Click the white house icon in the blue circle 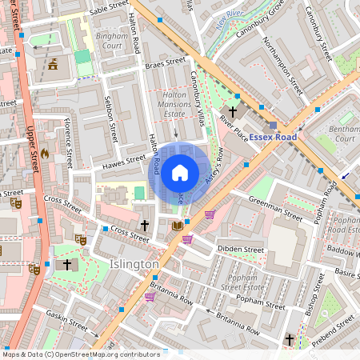click(180, 172)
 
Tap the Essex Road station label click(272, 138)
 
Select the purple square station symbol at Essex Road click(272, 125)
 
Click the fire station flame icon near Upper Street click(45, 153)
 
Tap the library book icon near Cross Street click(178, 226)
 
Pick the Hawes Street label click(122, 162)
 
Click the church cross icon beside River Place click(233, 112)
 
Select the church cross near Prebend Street click(290, 340)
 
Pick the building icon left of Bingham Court click(53, 64)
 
